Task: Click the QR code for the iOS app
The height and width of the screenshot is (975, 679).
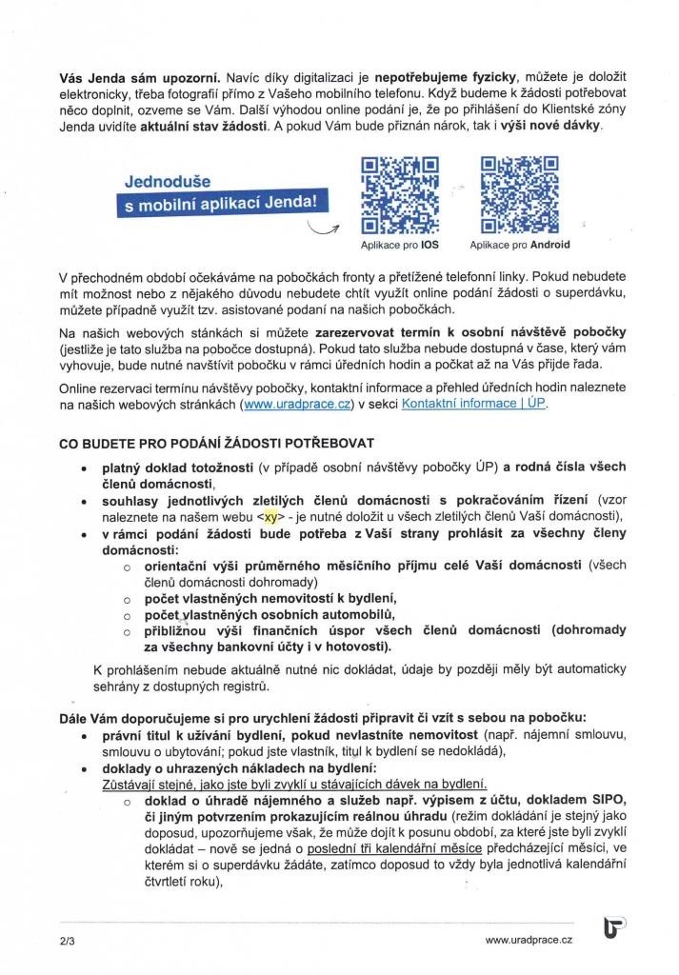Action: (400, 195)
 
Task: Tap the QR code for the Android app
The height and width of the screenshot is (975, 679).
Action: (519, 195)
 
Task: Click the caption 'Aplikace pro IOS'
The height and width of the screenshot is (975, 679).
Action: (400, 245)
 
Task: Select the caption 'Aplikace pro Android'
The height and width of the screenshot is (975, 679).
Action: (520, 245)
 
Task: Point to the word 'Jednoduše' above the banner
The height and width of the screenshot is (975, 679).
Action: (168, 180)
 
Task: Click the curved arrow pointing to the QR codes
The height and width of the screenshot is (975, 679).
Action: (324, 227)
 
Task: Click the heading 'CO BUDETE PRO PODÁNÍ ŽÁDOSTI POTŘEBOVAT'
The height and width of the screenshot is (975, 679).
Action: (217, 444)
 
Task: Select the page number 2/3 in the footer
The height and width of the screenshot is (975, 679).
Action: (66, 940)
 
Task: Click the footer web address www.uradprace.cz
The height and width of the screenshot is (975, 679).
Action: (529, 940)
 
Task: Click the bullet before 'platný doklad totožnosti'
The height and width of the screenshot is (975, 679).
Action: (87, 468)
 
